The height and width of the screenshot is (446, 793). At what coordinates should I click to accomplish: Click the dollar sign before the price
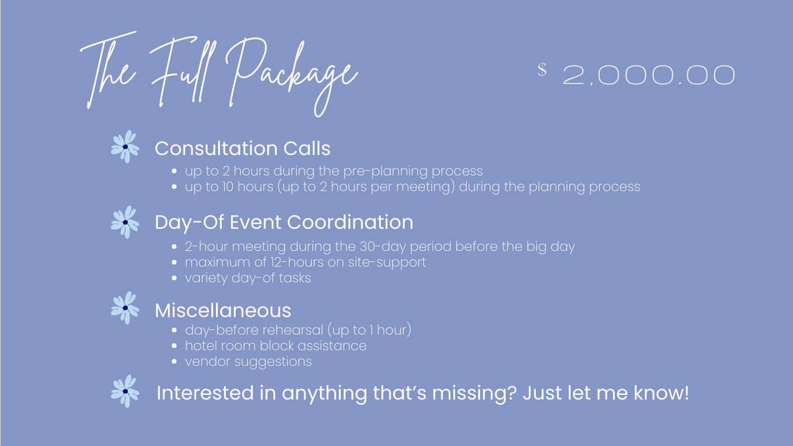(x=542, y=70)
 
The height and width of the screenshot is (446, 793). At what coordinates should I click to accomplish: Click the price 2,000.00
(x=649, y=75)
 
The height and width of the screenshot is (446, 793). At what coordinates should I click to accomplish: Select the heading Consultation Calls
(x=243, y=148)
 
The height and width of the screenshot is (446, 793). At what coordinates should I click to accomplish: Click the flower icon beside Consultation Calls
(x=125, y=147)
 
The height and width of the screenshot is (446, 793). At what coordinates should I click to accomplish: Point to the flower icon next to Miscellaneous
(x=125, y=308)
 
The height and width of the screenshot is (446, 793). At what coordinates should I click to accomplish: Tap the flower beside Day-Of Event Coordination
(x=125, y=222)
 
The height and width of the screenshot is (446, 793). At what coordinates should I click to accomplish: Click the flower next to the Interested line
(x=125, y=391)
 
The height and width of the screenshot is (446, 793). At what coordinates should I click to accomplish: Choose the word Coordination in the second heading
(x=350, y=222)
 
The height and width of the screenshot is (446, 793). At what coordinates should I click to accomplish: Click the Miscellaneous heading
(x=223, y=310)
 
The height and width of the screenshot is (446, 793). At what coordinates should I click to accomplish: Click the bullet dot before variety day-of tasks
(x=174, y=278)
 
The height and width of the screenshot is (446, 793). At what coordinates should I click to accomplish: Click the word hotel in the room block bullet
(x=200, y=346)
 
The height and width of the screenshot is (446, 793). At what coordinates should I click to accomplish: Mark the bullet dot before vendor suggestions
(x=174, y=362)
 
